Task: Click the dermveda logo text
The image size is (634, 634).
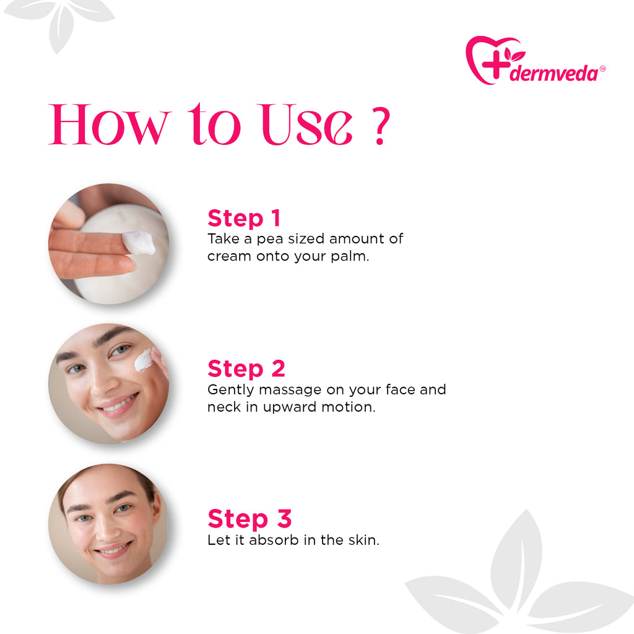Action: [x=554, y=74]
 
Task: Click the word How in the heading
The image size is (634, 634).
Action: [x=109, y=125]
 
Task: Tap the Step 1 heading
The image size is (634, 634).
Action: [x=244, y=218]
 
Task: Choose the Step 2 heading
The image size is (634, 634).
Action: [x=246, y=368]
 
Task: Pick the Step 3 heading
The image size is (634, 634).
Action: [x=250, y=519]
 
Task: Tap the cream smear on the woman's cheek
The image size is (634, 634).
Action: [x=143, y=360]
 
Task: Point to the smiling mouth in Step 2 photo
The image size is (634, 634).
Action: [x=118, y=406]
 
